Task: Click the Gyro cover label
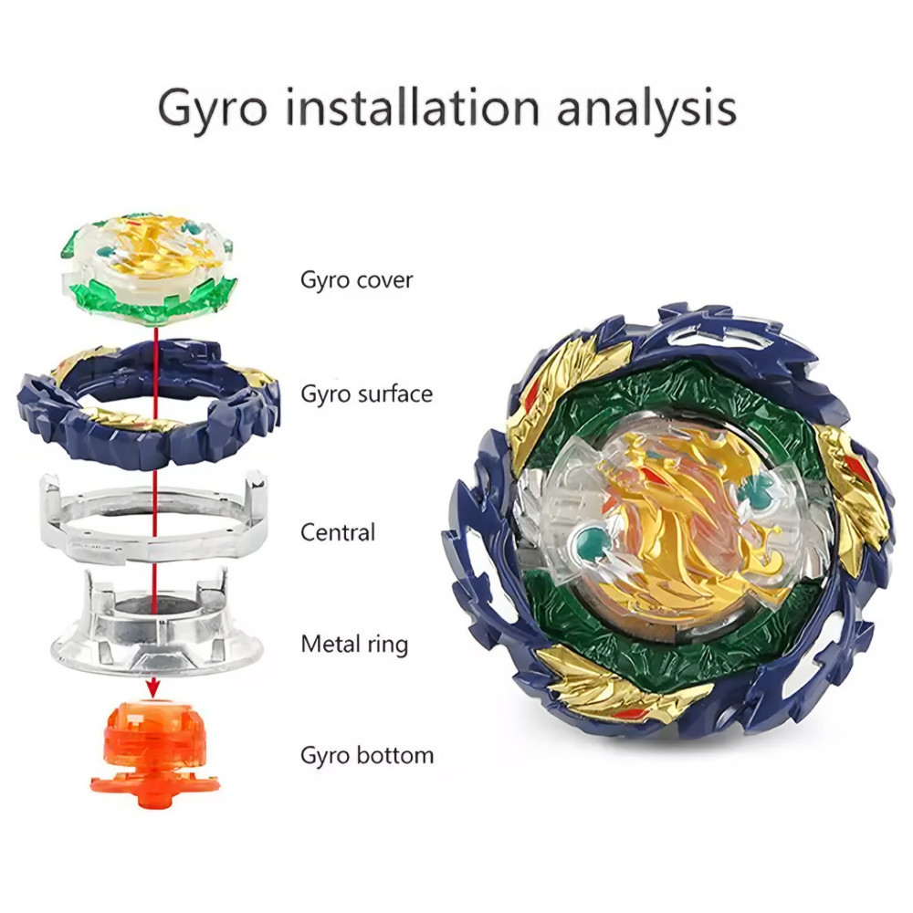pyautogui.click(x=357, y=279)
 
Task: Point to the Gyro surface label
pyautogui.click(x=367, y=394)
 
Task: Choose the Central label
pyautogui.click(x=338, y=531)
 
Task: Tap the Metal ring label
pyautogui.click(x=354, y=644)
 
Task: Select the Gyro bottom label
pyautogui.click(x=367, y=755)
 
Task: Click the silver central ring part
pyautogui.click(x=153, y=516)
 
